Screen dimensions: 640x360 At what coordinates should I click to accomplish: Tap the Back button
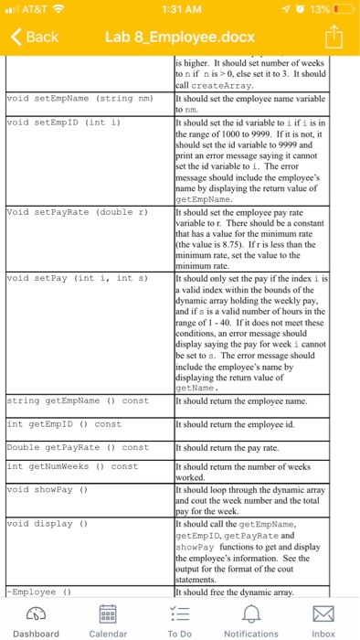(34, 37)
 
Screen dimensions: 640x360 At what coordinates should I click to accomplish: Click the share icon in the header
(334, 37)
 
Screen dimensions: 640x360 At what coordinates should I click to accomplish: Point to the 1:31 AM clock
(179, 9)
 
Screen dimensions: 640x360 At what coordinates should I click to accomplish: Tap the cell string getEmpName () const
(77, 400)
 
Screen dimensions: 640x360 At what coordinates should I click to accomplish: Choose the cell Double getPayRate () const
(77, 447)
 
